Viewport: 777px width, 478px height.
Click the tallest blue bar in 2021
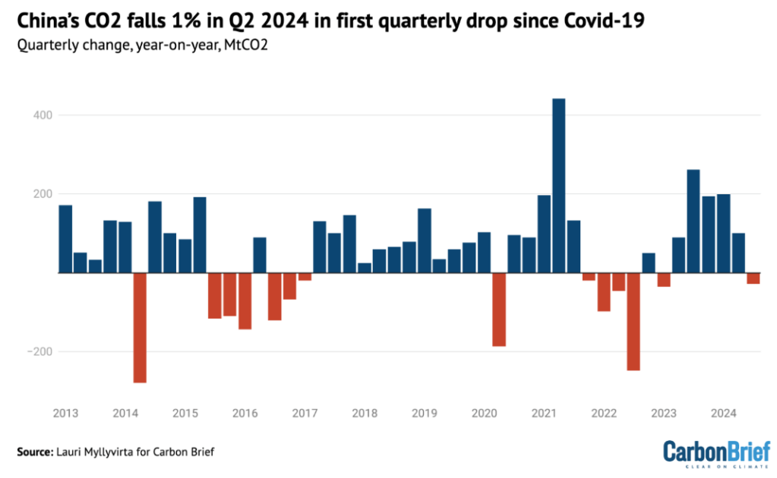coord(558,185)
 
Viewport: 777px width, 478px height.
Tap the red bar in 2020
coord(499,309)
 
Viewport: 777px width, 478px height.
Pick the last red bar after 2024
coord(753,278)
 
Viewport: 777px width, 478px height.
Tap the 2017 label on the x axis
coord(304,414)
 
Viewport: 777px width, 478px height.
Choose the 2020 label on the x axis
coord(484,414)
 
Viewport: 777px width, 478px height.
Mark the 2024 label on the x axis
coord(724,414)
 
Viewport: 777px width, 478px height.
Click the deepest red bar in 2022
coord(633,321)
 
